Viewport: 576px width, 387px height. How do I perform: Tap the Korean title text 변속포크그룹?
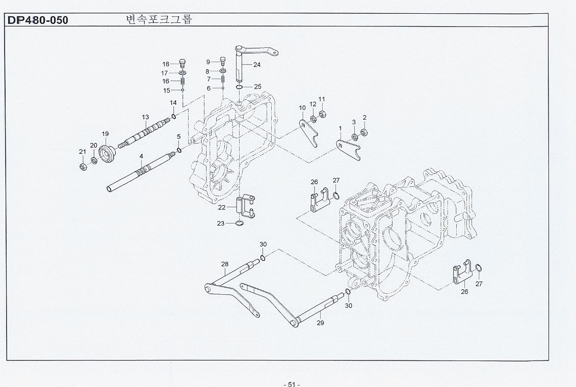click(x=159, y=20)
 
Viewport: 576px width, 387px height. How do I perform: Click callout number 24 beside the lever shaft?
click(x=257, y=65)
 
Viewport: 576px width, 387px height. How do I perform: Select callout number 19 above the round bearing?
click(x=105, y=134)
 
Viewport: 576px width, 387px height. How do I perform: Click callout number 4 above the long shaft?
click(x=141, y=156)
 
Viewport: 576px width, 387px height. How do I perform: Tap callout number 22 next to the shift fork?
click(x=222, y=207)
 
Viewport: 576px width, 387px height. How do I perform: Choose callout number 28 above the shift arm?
click(x=225, y=264)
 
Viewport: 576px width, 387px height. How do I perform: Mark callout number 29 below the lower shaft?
click(x=320, y=322)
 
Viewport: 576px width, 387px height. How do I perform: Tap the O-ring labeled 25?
click(x=239, y=88)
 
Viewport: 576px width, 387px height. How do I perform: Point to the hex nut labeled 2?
click(x=364, y=133)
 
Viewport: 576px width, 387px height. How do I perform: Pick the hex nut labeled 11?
click(x=322, y=114)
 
